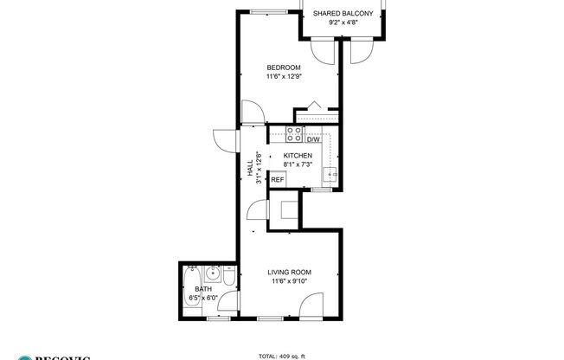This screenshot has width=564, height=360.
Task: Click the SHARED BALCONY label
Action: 343,13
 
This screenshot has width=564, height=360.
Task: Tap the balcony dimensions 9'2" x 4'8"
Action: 343,23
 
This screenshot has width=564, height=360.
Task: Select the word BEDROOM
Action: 283,67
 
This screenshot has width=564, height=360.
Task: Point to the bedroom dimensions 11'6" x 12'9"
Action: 283,77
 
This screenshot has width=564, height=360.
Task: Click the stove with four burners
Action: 294,135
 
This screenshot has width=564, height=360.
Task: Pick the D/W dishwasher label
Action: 313,138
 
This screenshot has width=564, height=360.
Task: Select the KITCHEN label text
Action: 298,156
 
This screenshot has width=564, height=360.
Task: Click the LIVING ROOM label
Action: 290,273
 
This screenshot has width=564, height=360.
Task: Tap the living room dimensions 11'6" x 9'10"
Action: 290,281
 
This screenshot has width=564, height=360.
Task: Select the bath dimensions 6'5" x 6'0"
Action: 204,299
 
